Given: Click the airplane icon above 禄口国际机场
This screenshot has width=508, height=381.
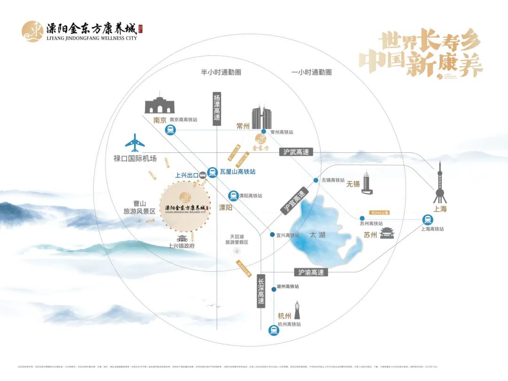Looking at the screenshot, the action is pos(135,143).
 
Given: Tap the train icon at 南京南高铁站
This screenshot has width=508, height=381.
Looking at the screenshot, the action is pos(170,131).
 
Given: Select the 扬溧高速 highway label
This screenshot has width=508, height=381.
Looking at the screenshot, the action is pos(216,108).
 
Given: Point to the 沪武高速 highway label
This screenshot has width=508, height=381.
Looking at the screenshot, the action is pos(296,152).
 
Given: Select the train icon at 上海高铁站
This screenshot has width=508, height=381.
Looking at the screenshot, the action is pos(428,219).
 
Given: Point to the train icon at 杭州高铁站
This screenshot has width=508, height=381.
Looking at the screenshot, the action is pos(273,330).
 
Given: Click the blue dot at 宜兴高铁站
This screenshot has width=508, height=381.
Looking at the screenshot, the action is pos(272,234).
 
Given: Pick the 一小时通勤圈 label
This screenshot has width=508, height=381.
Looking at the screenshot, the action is pos(311,72).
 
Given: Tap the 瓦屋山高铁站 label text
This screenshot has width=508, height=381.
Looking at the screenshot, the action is pos(238,172).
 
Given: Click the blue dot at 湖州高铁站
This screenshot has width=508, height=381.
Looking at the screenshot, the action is pos(273,286).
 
